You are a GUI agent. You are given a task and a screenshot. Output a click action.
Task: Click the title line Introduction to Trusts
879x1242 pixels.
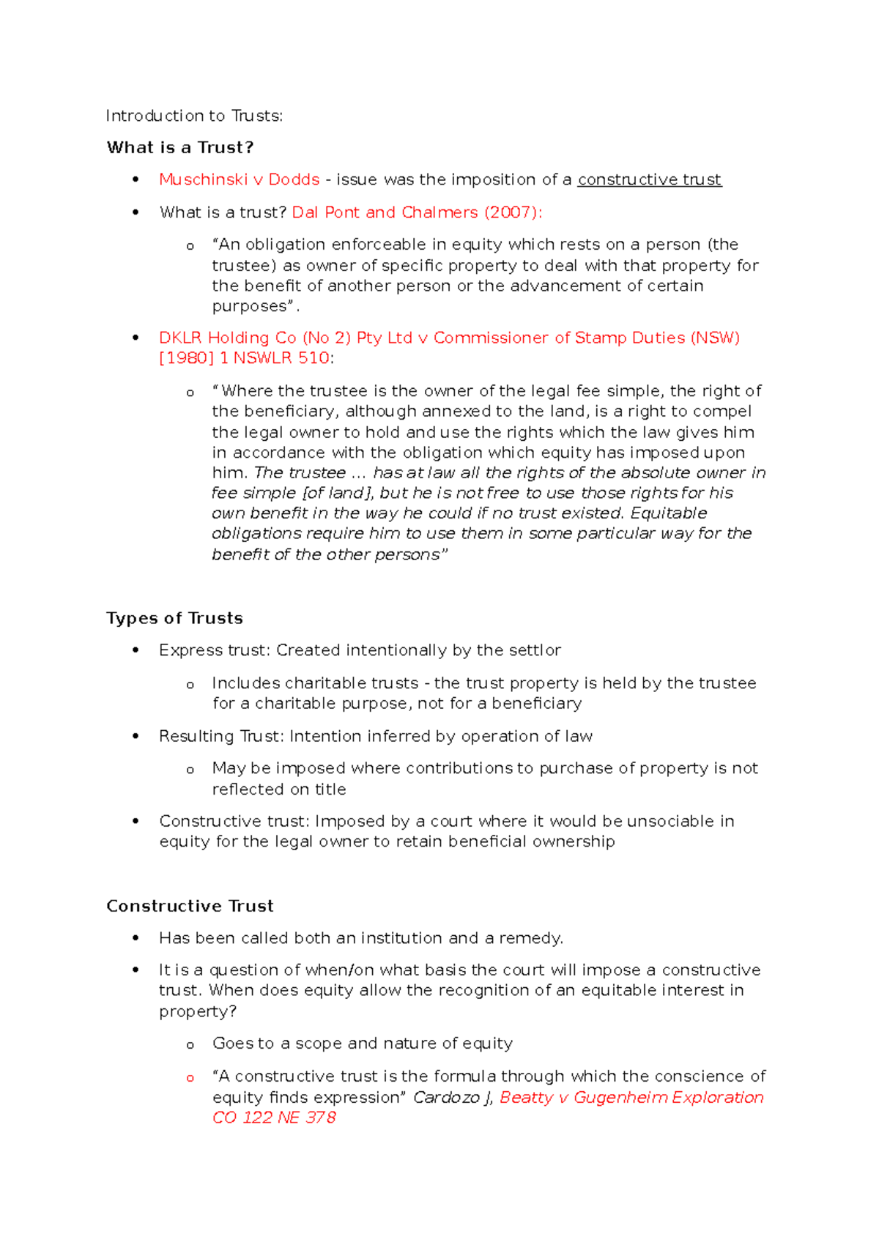pos(194,116)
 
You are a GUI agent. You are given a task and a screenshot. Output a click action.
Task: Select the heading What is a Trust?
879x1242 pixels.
pos(180,147)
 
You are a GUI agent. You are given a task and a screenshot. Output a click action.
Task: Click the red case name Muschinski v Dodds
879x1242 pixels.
pos(240,179)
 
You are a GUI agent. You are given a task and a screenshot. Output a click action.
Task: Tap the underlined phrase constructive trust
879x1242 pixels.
pos(649,179)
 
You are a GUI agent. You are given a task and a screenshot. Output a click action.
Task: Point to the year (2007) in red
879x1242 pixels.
pos(513,212)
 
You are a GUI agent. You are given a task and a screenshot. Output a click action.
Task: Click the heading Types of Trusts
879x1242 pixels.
pos(174,618)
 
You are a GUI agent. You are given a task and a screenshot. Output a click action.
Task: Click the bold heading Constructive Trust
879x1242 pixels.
pos(190,906)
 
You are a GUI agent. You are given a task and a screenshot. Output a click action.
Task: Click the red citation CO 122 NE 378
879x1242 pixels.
pos(274,1118)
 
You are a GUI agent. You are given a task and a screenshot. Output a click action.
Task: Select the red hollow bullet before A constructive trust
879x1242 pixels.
pos(190,1078)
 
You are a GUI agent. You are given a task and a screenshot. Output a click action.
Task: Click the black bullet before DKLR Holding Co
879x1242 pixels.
pos(136,338)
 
